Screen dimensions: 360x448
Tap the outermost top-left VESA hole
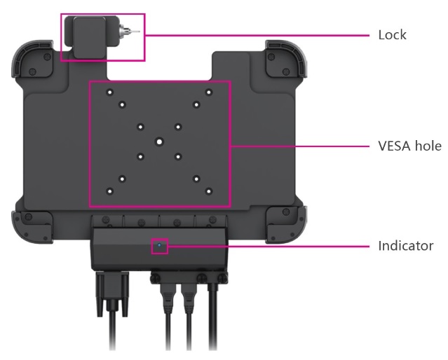click(x=109, y=92)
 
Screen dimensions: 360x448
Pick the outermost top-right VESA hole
click(x=209, y=92)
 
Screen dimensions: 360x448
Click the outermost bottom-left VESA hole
click(x=109, y=191)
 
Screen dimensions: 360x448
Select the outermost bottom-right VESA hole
click(x=209, y=191)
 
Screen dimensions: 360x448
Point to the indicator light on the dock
click(x=160, y=247)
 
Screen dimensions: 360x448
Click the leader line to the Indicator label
click(x=266, y=247)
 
